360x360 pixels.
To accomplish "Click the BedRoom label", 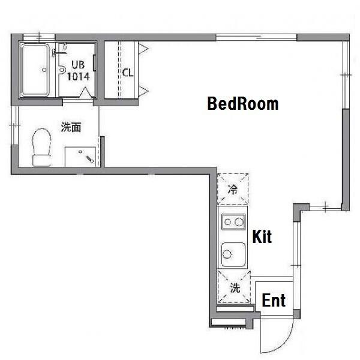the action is pyautogui.click(x=242, y=104).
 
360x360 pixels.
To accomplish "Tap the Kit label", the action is pyautogui.click(x=262, y=236).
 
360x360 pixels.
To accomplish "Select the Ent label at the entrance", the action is pyautogui.click(x=274, y=300).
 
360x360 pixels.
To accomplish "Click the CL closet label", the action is pyautogui.click(x=128, y=73).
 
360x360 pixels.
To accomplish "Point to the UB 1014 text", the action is pyautogui.click(x=78, y=70).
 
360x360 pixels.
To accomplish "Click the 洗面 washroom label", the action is pyautogui.click(x=71, y=127).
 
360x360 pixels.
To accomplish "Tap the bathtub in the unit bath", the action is pyautogui.click(x=35, y=70).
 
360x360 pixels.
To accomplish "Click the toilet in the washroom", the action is pyautogui.click(x=42, y=147).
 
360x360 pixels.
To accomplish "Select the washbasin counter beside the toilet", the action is pyautogui.click(x=80, y=157).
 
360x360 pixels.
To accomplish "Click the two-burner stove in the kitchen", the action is pyautogui.click(x=233, y=222).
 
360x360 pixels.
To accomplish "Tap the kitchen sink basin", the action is pyautogui.click(x=233, y=254).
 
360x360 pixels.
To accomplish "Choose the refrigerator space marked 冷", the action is pyautogui.click(x=233, y=189).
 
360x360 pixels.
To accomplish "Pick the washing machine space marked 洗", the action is pyautogui.click(x=234, y=287).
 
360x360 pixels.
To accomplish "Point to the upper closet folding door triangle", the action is pyautogui.click(x=143, y=49).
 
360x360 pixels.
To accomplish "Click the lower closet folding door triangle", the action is pyautogui.click(x=143, y=91).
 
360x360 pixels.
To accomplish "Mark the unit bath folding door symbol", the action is pyautogui.click(x=85, y=92).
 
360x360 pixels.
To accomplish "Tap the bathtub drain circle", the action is pyautogui.click(x=44, y=70).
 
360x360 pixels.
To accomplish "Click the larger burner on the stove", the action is pyautogui.click(x=239, y=222).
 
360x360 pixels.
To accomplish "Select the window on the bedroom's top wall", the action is pyautogui.click(x=256, y=37).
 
